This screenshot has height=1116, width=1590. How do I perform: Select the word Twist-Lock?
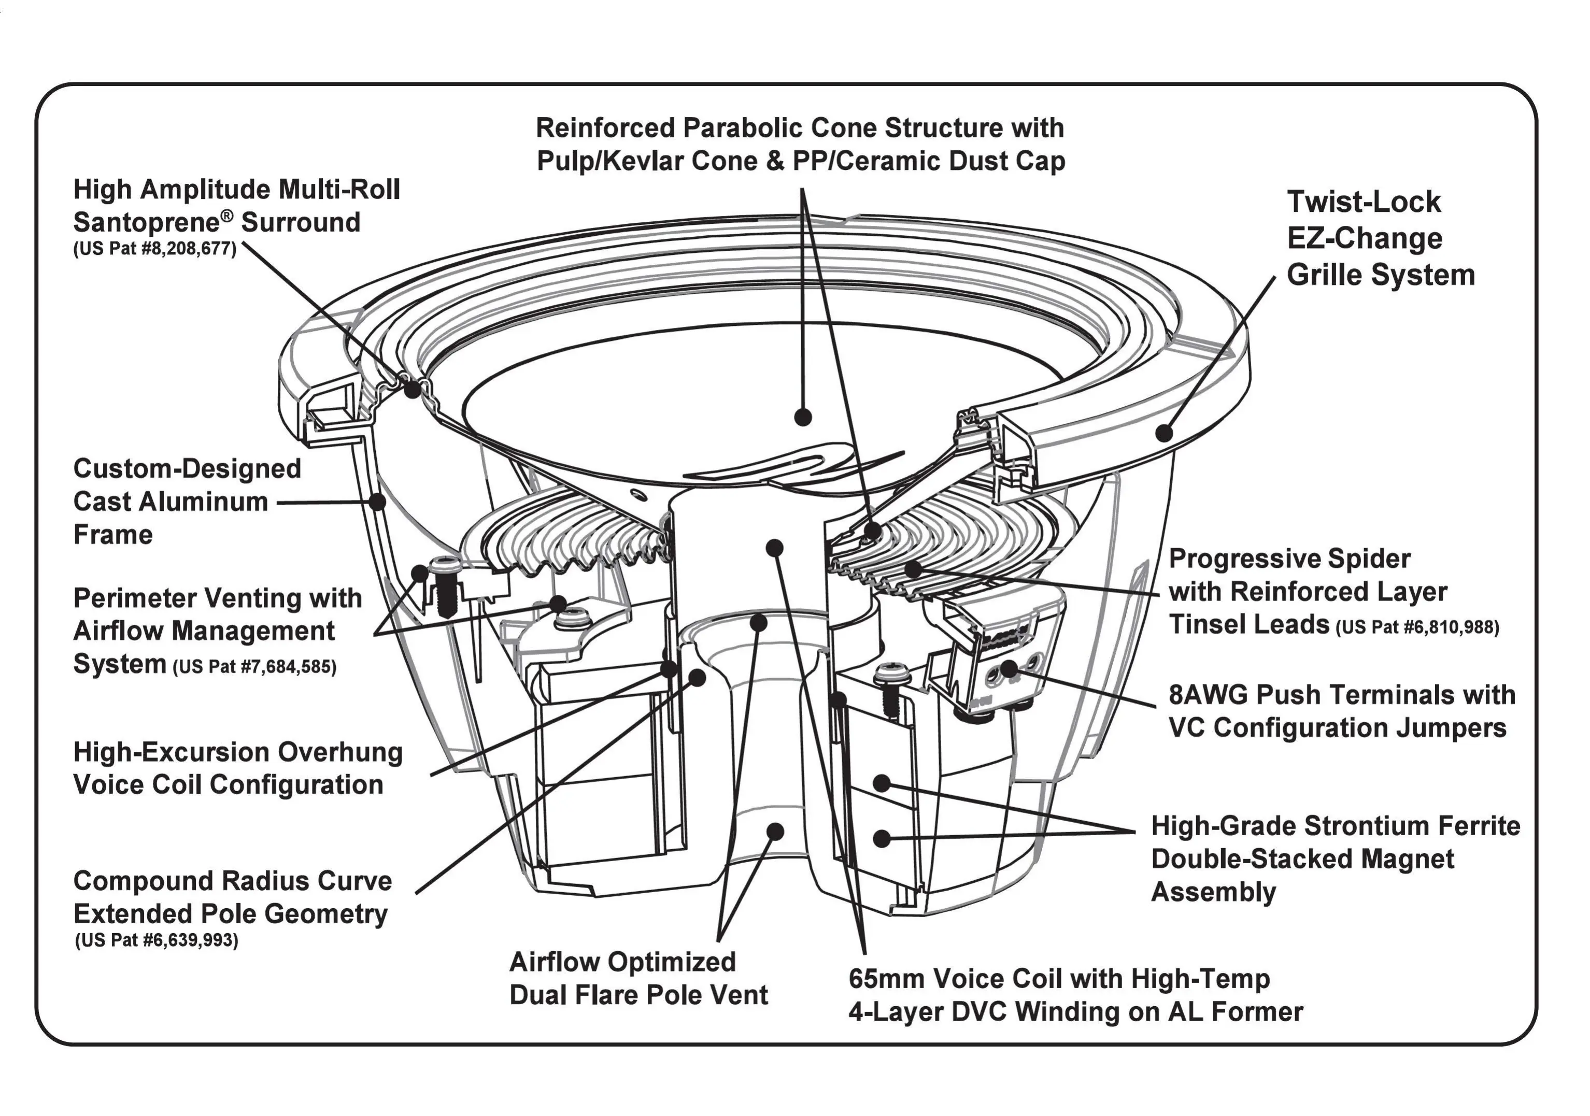pyautogui.click(x=1364, y=202)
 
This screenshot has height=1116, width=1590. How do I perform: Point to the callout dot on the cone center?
pyautogui.click(x=803, y=417)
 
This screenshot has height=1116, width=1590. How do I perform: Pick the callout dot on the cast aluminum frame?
pyautogui.click(x=377, y=501)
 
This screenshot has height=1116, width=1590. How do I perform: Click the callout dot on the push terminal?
pyautogui.click(x=1010, y=668)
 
